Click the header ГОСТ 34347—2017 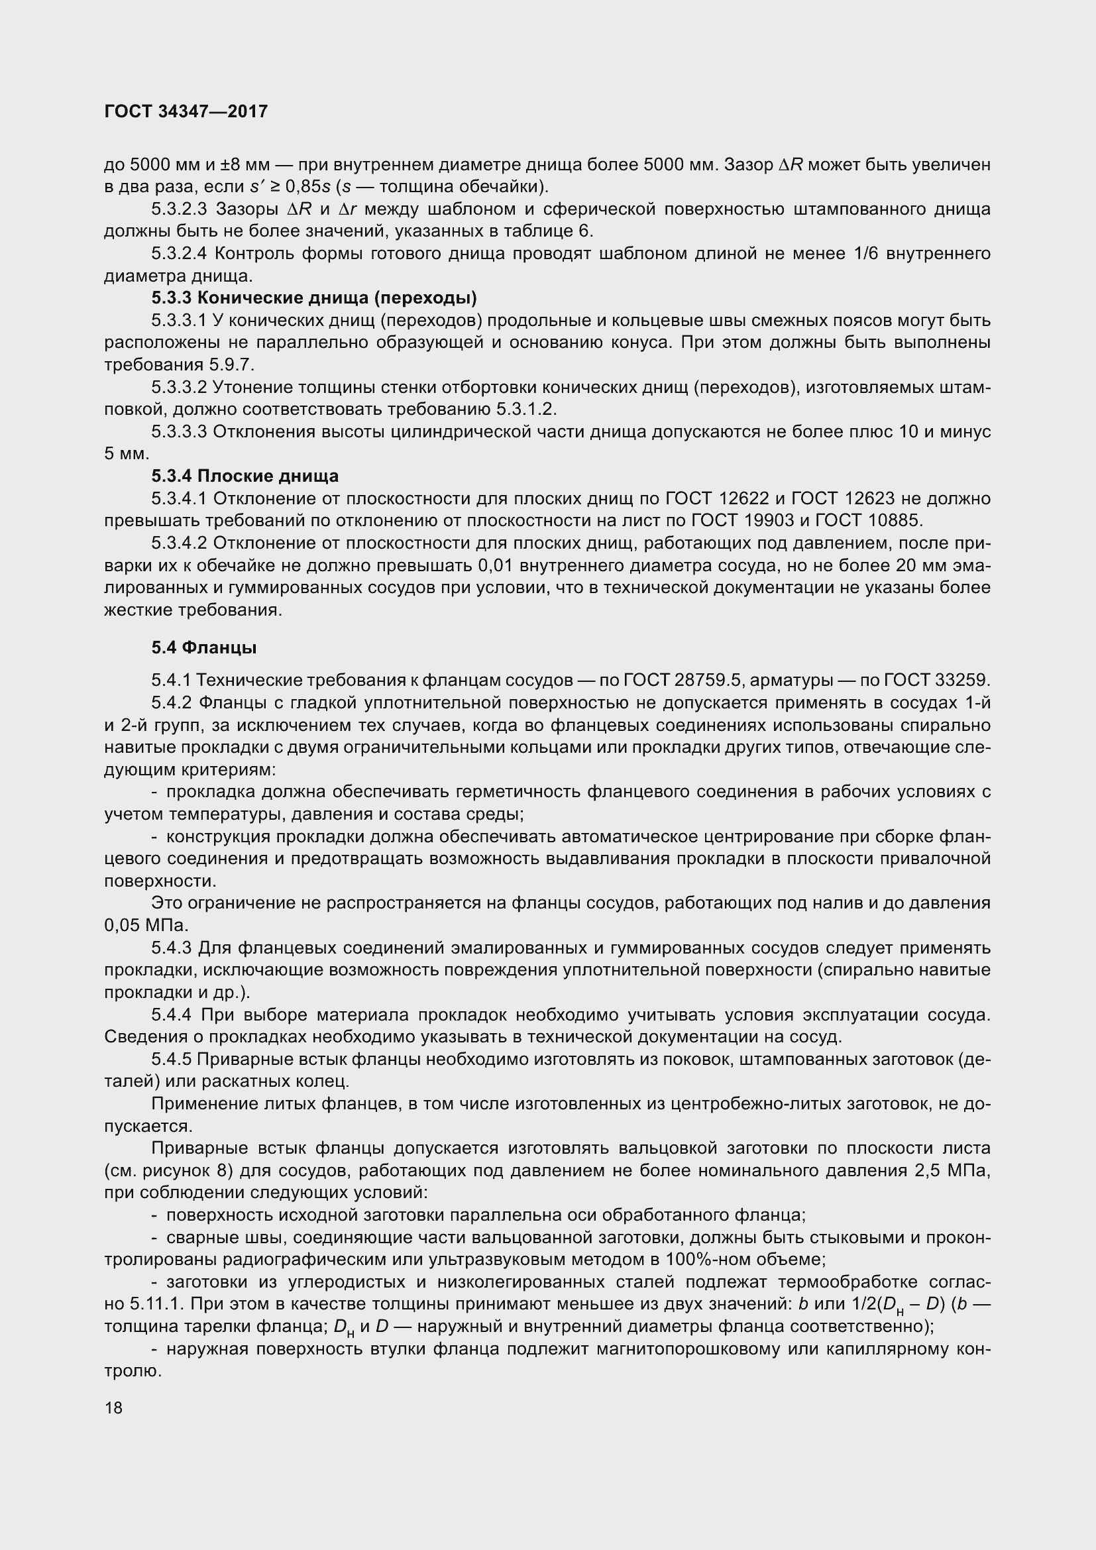coord(186,111)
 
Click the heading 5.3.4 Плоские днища coord(245,476)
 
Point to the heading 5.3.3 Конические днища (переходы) coord(314,298)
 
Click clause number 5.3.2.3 coord(179,209)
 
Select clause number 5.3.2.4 coord(179,254)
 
